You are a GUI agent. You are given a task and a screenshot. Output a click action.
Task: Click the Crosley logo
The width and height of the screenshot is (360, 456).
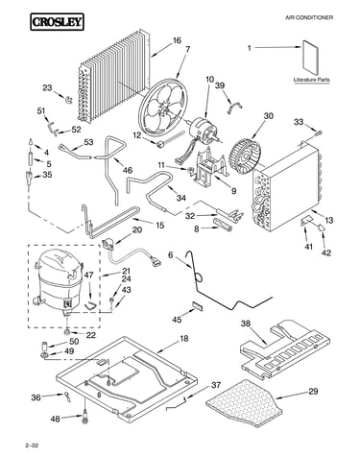tap(57, 22)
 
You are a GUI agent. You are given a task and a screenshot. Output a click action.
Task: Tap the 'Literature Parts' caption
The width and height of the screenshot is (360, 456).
tap(311, 80)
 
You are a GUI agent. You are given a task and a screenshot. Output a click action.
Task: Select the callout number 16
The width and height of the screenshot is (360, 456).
tap(177, 40)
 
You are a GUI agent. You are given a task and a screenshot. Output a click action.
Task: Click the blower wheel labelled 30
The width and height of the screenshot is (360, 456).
tap(246, 153)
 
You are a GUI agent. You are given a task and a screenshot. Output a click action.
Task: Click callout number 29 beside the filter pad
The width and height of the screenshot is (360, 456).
tap(313, 391)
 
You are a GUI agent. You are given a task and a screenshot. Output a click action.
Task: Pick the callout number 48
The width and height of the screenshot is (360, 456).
tap(55, 419)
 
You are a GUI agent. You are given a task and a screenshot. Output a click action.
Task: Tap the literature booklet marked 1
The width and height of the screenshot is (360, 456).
tap(311, 59)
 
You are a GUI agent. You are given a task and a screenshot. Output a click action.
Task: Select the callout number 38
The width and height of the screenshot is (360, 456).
tap(246, 324)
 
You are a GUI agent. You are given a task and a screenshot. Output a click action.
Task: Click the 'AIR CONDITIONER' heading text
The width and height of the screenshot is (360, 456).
tap(309, 17)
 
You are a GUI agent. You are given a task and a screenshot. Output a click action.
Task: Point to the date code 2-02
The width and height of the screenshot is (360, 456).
tap(32, 445)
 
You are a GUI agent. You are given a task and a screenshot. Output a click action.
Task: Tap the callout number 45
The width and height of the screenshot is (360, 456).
tap(177, 320)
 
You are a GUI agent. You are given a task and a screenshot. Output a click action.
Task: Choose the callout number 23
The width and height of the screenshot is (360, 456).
tap(47, 87)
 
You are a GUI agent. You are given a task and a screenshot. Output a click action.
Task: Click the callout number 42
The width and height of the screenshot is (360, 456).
tap(326, 252)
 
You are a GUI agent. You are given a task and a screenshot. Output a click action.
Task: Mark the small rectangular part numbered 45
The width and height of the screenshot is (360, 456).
tap(198, 305)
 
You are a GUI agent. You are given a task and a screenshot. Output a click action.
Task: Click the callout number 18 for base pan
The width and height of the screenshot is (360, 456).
tap(184, 338)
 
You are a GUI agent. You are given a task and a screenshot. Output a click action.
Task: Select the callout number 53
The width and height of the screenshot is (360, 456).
tap(88, 141)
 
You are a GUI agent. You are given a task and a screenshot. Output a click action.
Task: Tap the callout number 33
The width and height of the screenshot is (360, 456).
tap(299, 122)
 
